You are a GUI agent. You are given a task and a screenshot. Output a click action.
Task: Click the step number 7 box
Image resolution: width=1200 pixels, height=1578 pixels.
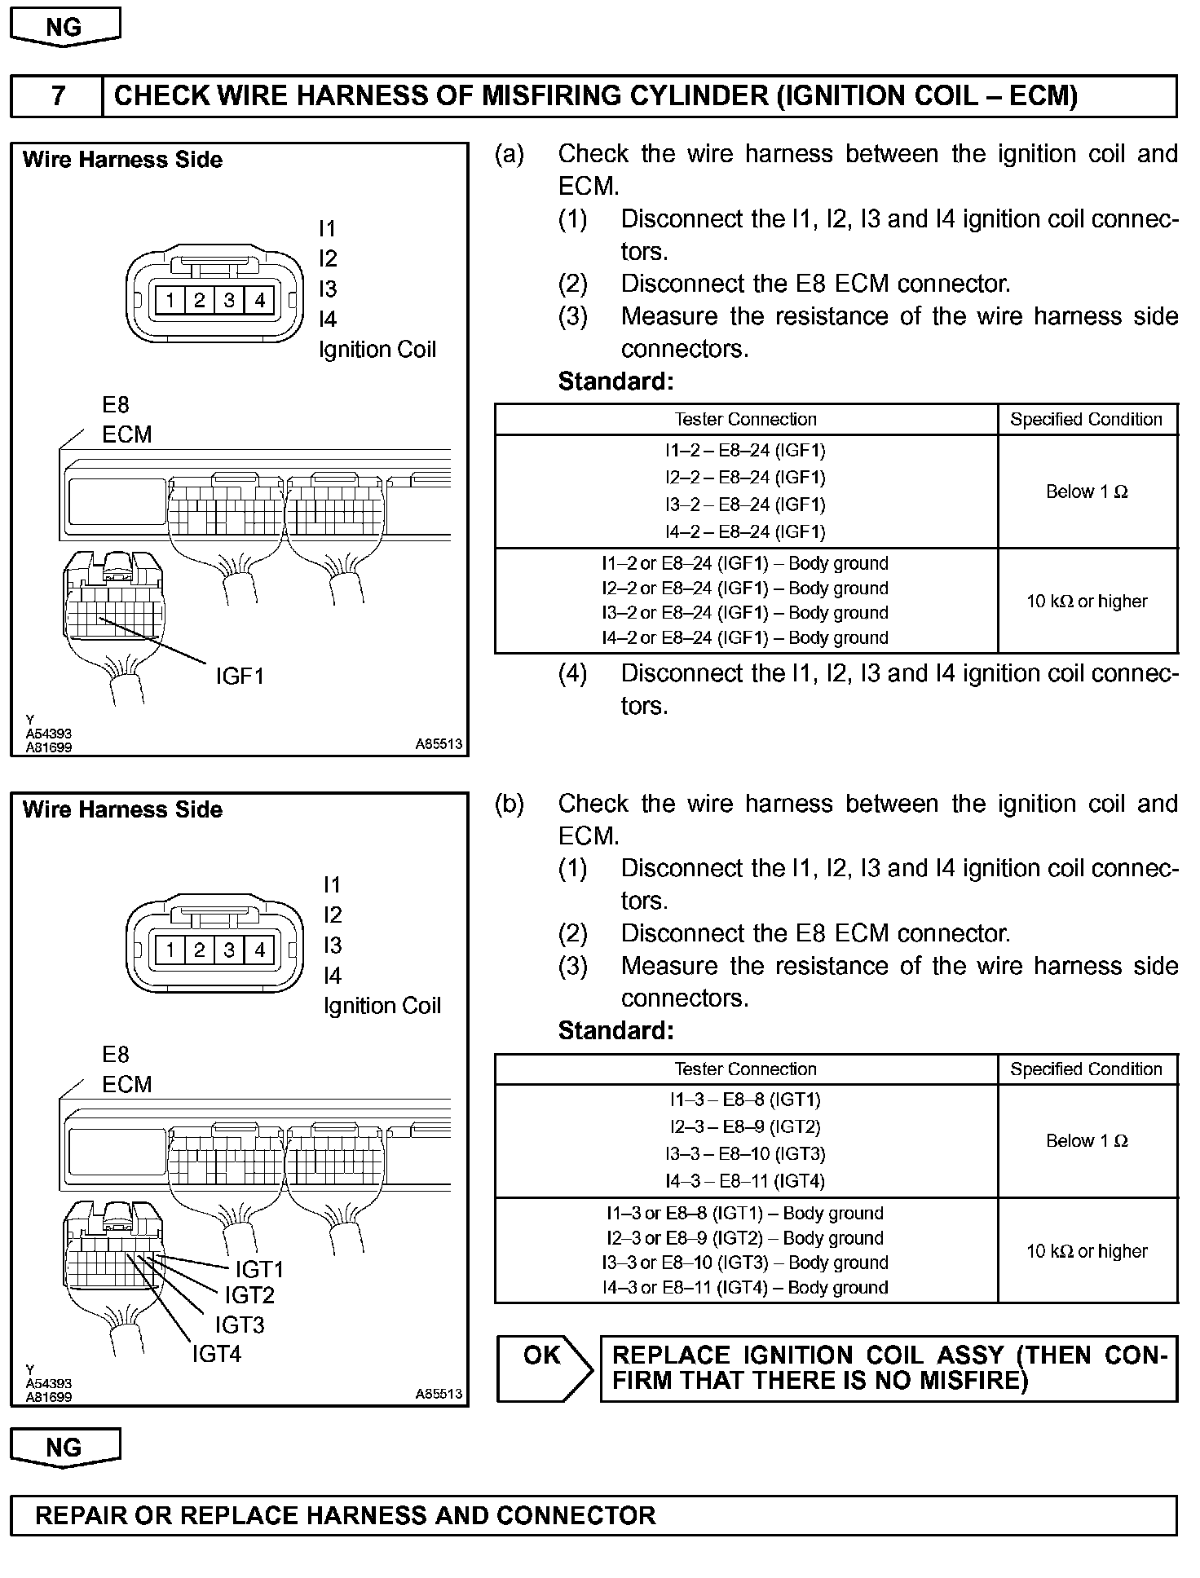click(57, 96)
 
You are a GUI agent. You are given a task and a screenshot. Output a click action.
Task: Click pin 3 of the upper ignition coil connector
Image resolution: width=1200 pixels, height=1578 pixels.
click(229, 300)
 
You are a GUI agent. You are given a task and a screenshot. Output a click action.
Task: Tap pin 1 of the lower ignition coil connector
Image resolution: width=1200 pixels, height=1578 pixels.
click(170, 950)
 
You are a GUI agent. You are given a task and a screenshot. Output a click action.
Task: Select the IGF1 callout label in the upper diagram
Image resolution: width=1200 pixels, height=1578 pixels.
click(240, 676)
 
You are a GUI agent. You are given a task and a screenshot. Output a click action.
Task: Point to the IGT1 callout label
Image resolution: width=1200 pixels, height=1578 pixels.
click(259, 1269)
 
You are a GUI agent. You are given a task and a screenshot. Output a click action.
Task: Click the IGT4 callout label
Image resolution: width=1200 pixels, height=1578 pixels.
click(217, 1354)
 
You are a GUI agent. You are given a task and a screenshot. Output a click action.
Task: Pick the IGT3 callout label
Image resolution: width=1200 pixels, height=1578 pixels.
click(240, 1325)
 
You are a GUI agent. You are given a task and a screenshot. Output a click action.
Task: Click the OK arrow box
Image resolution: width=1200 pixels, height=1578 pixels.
click(544, 1369)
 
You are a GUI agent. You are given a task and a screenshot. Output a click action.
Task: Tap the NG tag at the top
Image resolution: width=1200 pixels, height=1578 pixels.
click(64, 27)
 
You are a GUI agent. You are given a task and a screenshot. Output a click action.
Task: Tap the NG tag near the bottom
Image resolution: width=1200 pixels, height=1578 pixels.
click(64, 1448)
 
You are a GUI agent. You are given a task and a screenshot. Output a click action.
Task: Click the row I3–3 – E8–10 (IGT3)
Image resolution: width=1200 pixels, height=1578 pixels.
click(745, 1154)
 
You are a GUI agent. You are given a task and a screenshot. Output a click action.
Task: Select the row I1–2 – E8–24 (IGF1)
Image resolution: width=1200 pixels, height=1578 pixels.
click(745, 451)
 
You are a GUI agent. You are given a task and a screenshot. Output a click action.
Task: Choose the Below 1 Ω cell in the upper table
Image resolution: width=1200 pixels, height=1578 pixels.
click(1087, 491)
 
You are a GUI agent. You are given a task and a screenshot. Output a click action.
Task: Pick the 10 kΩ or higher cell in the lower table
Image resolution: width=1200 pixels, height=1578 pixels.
click(1087, 1251)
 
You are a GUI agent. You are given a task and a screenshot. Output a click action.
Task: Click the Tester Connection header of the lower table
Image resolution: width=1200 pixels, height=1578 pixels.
click(745, 1069)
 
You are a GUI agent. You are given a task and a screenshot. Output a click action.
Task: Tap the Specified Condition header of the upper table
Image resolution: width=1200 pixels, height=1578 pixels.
click(1087, 419)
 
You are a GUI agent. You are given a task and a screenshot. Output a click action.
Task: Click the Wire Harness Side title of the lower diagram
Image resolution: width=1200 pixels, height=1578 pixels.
click(122, 809)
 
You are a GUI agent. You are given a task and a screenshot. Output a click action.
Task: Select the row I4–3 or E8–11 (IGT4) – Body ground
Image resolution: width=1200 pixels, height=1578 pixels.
click(745, 1288)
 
